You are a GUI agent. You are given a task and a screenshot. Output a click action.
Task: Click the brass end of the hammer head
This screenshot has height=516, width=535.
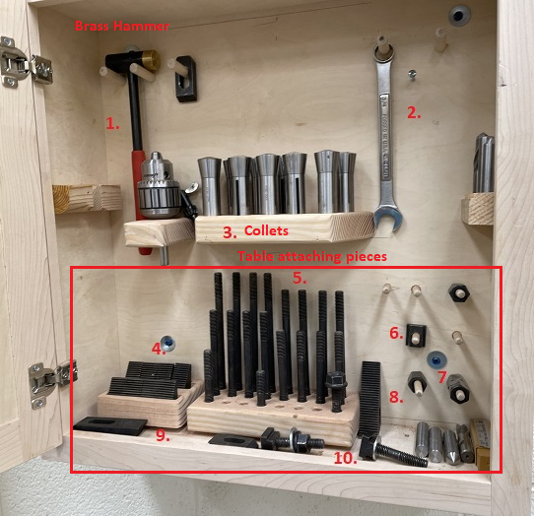click(151, 59)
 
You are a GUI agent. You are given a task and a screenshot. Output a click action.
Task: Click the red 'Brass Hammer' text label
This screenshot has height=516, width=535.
click(122, 26)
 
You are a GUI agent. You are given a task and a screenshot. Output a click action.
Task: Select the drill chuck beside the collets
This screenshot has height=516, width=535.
click(159, 186)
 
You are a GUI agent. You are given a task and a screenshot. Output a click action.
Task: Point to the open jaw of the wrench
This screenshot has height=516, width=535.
click(388, 219)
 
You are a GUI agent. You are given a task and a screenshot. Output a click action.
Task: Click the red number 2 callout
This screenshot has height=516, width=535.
click(414, 113)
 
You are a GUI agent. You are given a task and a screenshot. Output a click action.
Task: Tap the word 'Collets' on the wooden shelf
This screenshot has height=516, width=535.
click(266, 230)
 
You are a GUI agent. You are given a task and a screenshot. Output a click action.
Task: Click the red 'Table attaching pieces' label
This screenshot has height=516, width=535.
click(312, 256)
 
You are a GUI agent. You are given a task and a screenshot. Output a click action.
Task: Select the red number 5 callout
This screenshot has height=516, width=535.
click(300, 279)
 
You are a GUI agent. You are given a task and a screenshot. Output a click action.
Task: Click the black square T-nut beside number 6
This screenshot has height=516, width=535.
click(416, 335)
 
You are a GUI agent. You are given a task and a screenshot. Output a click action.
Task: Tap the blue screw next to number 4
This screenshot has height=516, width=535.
click(167, 343)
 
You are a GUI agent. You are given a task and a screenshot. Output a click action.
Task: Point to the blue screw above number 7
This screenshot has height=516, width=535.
click(436, 360)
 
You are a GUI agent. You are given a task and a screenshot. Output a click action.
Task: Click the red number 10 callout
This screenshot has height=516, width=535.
click(345, 458)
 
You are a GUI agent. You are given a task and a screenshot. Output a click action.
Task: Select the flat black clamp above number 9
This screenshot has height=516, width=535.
click(110, 425)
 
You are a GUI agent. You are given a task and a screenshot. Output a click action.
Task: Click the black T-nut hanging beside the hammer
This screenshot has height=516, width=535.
click(186, 79)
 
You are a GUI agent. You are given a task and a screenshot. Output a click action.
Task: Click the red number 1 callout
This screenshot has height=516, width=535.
click(112, 123)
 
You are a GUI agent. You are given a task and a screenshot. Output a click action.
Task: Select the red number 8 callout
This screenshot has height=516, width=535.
click(396, 397)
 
